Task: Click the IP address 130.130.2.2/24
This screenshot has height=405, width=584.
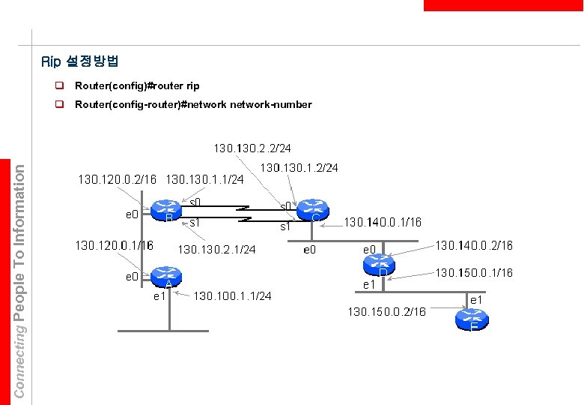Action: click(252, 148)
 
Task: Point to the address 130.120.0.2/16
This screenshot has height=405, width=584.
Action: click(118, 180)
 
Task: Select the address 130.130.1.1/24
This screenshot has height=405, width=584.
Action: click(204, 180)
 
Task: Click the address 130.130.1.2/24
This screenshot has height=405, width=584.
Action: click(299, 167)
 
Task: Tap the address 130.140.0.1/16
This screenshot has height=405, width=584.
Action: click(382, 223)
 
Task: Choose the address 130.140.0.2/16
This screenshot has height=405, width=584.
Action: click(474, 245)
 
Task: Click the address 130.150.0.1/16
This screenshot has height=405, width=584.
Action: click(474, 272)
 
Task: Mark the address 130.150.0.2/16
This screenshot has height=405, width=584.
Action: click(386, 311)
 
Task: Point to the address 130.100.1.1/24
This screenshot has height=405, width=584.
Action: click(232, 296)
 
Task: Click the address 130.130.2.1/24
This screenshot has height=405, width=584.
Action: click(216, 249)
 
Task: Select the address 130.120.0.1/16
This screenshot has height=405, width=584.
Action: click(114, 245)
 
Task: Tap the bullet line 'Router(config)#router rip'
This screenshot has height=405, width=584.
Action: click(137, 86)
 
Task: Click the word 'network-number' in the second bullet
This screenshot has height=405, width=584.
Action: click(274, 104)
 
